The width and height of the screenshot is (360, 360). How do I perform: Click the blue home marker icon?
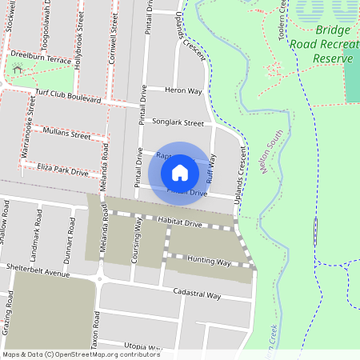(x=180, y=173)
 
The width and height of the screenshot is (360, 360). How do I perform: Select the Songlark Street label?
(x=183, y=123)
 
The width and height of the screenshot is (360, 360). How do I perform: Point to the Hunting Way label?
(x=209, y=262)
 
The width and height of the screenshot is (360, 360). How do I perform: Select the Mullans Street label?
(x=67, y=134)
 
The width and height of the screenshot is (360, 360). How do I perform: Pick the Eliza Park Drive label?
(x=62, y=170)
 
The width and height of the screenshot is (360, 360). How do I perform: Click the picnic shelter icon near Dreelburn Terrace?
(x=18, y=70)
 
